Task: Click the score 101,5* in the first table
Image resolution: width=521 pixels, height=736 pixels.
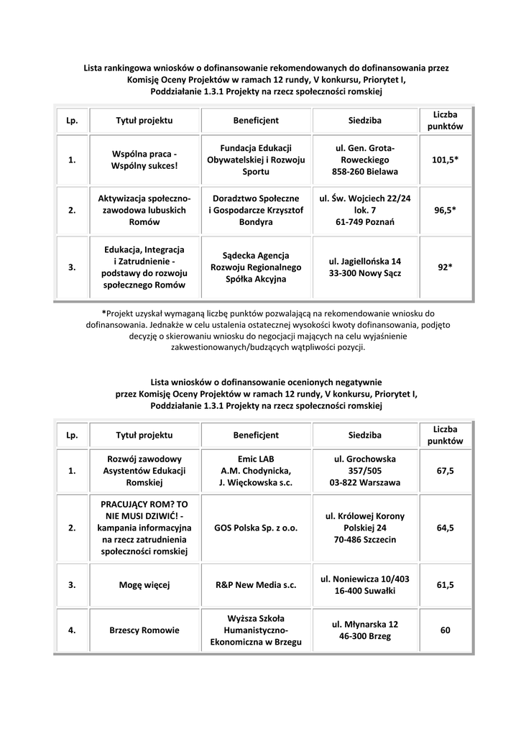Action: [445, 160]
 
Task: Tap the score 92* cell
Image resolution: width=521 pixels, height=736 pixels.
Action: [445, 267]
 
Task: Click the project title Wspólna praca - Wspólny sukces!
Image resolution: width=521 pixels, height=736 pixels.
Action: [144, 160]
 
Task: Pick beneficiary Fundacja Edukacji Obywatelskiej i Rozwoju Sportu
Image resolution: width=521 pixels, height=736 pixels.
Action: [256, 160]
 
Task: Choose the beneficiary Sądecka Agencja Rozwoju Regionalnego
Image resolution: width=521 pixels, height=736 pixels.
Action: [256, 267]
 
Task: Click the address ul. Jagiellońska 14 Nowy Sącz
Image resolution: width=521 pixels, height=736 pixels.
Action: [365, 267]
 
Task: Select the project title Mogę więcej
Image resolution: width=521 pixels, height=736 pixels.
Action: [144, 585]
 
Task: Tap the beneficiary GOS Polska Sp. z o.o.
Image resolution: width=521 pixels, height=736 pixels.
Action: [256, 528]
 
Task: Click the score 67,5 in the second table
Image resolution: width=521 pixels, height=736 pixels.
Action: [445, 471]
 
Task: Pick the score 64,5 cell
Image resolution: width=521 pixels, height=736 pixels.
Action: [445, 528]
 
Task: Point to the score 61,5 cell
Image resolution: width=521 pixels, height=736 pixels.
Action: [445, 585]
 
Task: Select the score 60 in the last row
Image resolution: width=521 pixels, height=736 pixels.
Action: [445, 630]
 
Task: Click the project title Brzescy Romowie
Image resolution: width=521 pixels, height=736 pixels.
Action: [144, 630]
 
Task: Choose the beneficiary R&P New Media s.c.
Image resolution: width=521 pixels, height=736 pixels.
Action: [256, 585]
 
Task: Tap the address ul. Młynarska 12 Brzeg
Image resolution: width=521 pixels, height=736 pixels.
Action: [365, 630]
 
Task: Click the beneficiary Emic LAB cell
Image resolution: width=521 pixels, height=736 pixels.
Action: [256, 471]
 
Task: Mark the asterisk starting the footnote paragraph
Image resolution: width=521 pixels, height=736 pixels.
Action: [104, 313]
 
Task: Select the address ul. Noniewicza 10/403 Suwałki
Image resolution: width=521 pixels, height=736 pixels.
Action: [365, 585]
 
